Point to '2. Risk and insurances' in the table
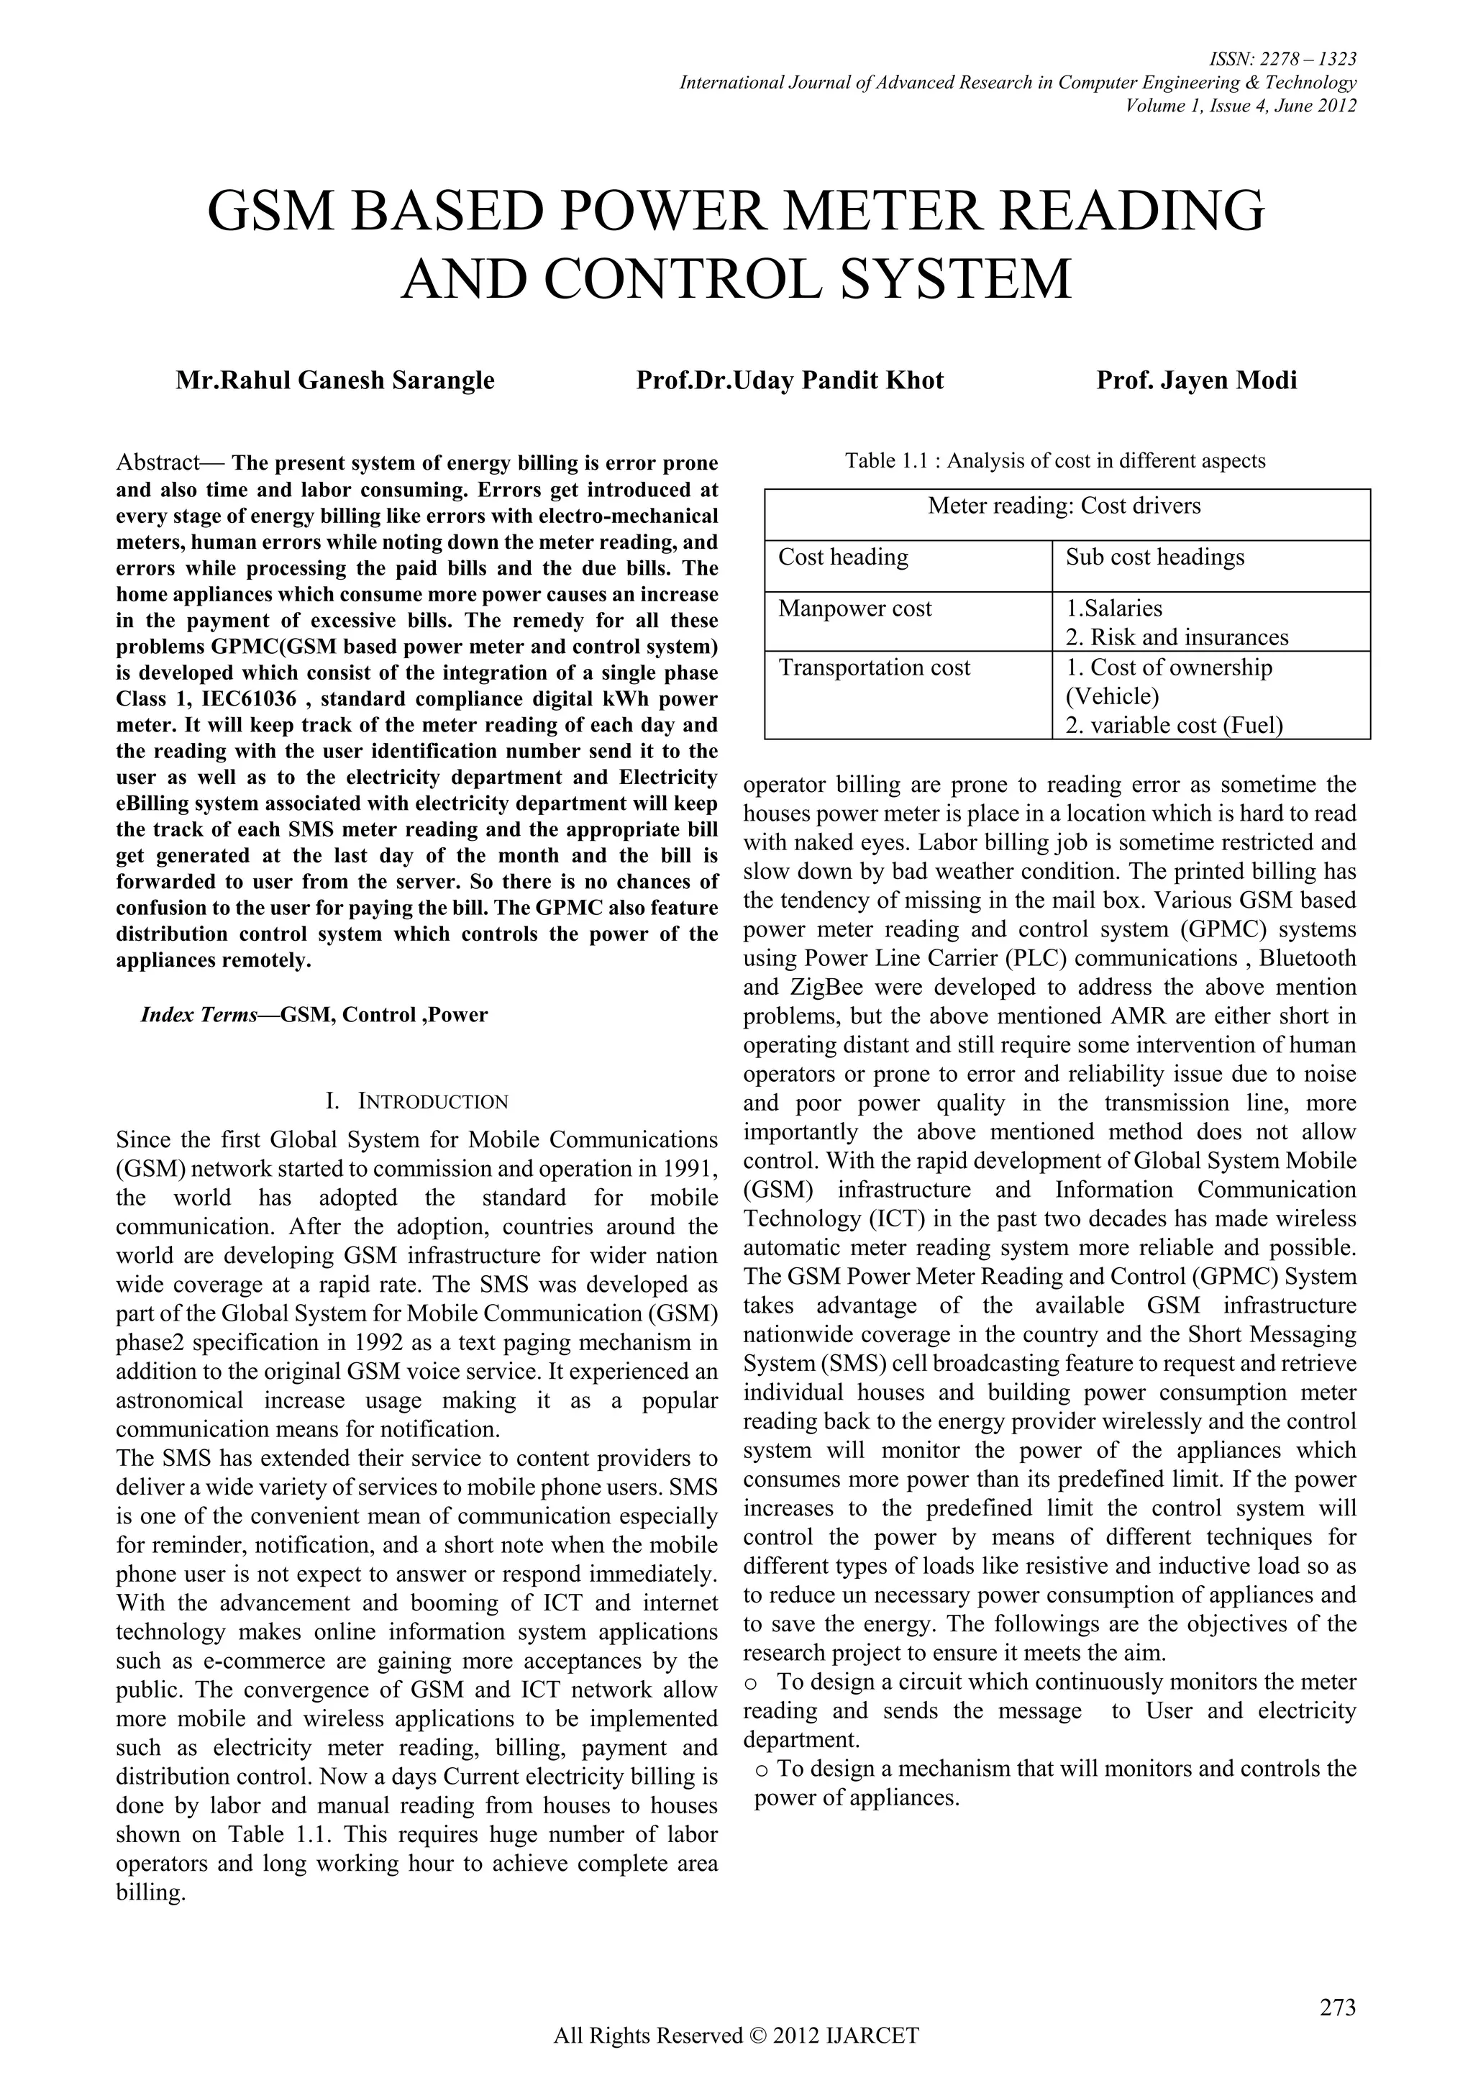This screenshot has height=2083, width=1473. click(x=1177, y=638)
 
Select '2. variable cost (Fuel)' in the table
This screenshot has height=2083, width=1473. click(x=1174, y=726)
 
